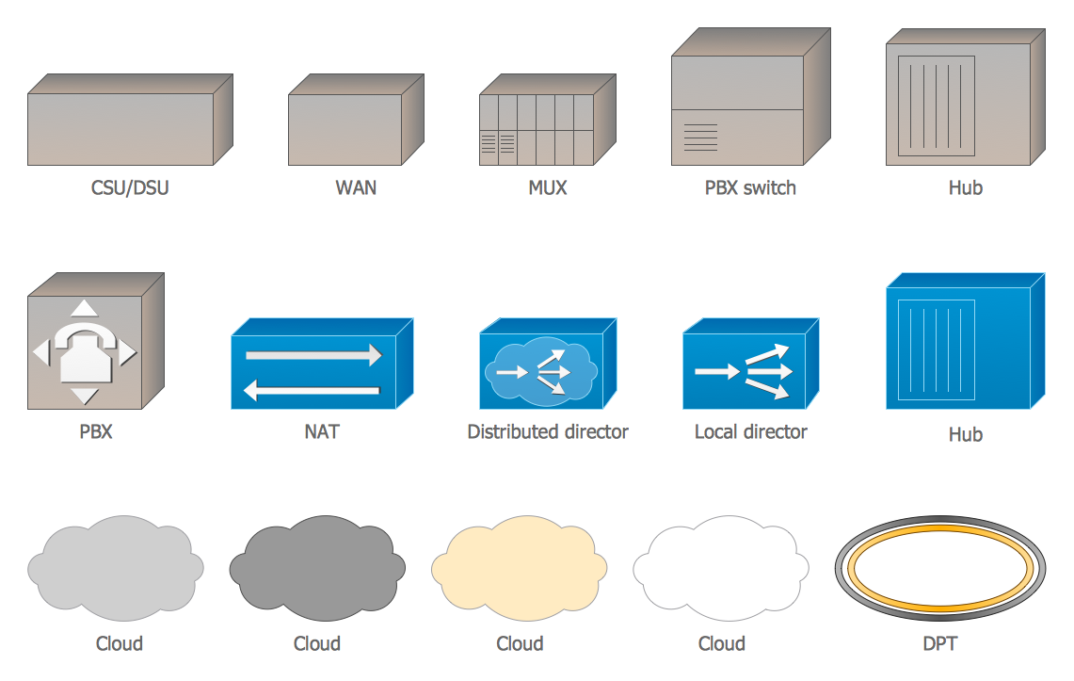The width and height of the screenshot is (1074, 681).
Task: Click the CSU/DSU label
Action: coord(130,187)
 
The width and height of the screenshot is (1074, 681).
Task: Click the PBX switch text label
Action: coord(750,187)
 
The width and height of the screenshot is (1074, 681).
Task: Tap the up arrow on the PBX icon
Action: coord(85,308)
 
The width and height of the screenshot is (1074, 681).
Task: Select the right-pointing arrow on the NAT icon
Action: coord(313,355)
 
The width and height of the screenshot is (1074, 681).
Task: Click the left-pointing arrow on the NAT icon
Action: coord(312,388)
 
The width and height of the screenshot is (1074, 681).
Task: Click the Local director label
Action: coord(750,432)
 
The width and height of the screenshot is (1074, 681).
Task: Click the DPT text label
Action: coord(940,644)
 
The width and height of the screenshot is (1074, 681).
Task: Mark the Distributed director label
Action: coord(548,432)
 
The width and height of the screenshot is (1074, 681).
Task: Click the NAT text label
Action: coord(322,432)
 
